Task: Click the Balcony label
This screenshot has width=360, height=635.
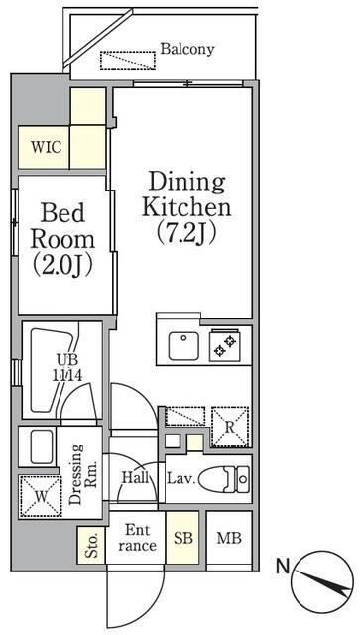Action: [x=187, y=49]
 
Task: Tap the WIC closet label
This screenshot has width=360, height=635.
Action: [x=47, y=147]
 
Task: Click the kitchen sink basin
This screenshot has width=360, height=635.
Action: [x=183, y=346]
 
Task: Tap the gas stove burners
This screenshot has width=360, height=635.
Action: [x=225, y=346]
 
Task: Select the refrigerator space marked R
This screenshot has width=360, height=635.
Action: [x=230, y=427]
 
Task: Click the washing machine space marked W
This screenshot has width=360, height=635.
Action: [x=40, y=496]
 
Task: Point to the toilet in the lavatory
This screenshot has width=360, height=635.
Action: [x=224, y=479]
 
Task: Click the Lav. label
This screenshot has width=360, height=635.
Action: [x=181, y=479]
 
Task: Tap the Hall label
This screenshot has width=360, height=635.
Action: [x=135, y=478]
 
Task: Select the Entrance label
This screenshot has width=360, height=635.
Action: [x=137, y=538]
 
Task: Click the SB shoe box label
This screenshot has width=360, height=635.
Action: [x=183, y=538]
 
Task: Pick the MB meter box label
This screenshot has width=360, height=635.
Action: [x=229, y=538]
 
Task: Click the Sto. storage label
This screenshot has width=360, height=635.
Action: [x=92, y=545]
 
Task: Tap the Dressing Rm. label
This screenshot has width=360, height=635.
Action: [x=82, y=474]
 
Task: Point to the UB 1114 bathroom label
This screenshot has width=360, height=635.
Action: [x=67, y=367]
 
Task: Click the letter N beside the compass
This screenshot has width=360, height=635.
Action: [x=283, y=567]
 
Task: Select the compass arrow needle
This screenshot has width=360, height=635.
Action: [x=323, y=582]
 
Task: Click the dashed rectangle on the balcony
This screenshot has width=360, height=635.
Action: [x=128, y=61]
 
